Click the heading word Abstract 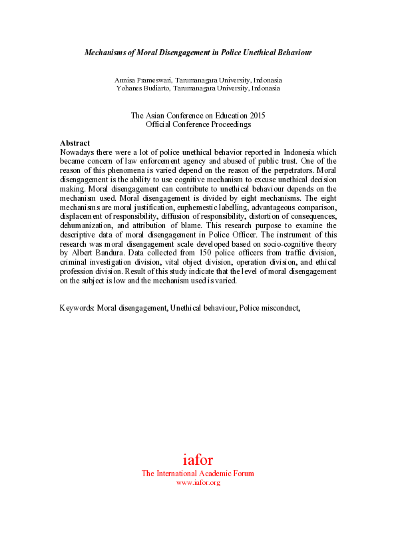(75, 143)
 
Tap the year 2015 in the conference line (256, 116)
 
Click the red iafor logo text (198, 460)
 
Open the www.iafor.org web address (198, 482)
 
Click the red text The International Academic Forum (198, 474)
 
